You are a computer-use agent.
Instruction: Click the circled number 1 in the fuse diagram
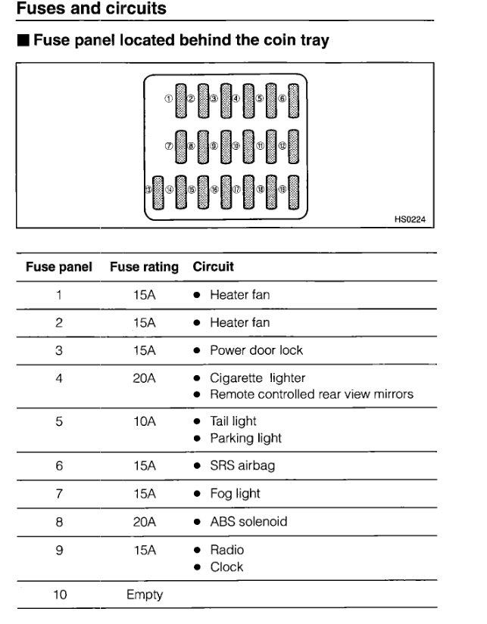coord(168,98)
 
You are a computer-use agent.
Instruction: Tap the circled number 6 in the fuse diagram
coord(282,98)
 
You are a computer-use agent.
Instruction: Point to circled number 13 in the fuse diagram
coord(148,190)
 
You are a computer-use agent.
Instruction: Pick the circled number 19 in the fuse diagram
coord(282,190)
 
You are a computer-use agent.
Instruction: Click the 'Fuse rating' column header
coord(144,267)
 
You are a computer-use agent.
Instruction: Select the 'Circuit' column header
coord(214,267)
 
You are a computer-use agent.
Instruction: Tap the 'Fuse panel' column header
coord(59,267)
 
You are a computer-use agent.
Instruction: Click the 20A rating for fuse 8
coord(144,522)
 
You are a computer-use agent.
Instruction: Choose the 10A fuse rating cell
coord(144,421)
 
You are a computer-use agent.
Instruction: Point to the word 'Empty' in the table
coord(144,595)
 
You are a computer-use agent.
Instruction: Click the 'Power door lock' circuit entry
coord(256,351)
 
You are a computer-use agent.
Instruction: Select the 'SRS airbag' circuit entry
coord(242,466)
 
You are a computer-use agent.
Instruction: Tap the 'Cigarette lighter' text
coord(258,378)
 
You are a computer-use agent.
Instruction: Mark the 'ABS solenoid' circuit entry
coord(248,522)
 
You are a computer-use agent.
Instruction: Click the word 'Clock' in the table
coord(226,567)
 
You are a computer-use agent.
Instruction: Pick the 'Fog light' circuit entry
coord(235,494)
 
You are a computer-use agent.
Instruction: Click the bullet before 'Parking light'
coord(196,439)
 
